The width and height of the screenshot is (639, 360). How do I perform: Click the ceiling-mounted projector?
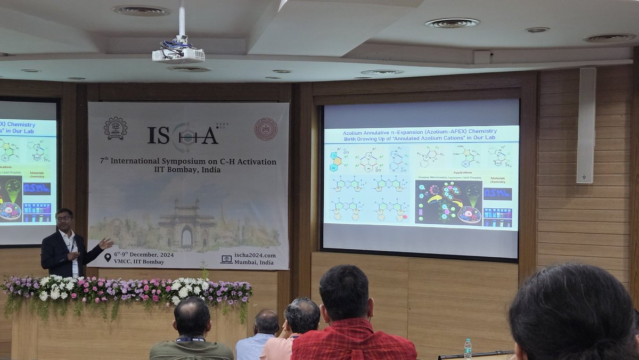[178, 54]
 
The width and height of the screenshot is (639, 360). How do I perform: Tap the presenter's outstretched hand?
[105, 243]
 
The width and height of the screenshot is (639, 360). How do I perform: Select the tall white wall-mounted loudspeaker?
[586, 126]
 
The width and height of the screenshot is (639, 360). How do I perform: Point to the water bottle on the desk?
[468, 348]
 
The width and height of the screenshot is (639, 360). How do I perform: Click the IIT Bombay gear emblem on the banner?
[116, 128]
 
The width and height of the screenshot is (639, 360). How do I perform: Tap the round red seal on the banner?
[265, 129]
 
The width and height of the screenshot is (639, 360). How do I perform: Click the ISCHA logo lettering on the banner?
[183, 135]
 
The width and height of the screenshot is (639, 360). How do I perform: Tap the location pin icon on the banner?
[108, 258]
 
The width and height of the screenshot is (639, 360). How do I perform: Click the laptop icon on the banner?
[226, 259]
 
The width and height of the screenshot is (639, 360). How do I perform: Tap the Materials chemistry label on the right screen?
[497, 181]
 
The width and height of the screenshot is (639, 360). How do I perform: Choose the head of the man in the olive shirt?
[192, 317]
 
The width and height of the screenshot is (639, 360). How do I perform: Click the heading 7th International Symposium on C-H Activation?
[188, 161]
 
